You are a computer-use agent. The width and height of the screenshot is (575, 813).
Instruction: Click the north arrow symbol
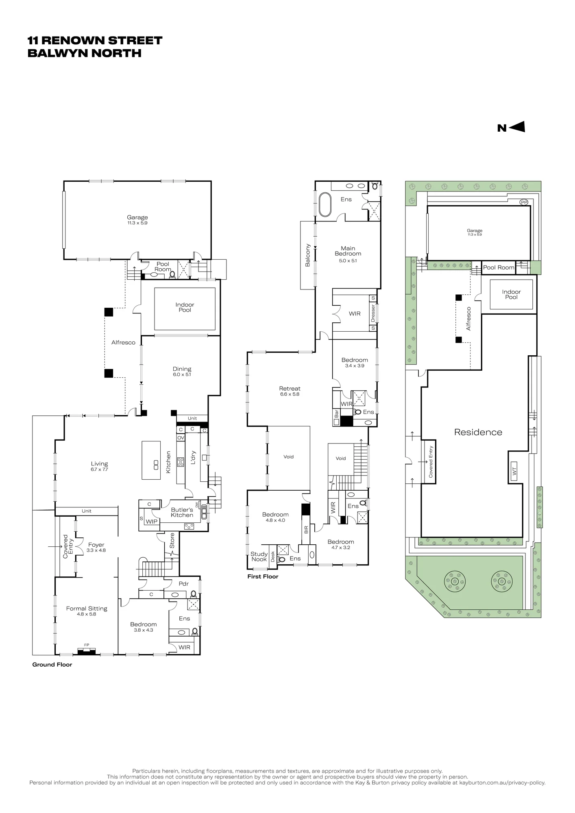tap(511, 127)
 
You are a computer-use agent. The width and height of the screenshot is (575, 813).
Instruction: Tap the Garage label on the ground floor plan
tap(137, 217)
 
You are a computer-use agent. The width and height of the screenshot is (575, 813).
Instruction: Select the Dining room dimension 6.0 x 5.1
tap(182, 375)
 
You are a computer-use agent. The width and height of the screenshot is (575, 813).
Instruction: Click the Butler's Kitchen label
tap(182, 512)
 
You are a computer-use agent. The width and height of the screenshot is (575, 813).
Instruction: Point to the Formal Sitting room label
tap(87, 609)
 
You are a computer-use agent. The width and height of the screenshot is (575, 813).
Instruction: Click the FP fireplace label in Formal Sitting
tap(87, 645)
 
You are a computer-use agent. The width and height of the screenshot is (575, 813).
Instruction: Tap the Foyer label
tap(96, 545)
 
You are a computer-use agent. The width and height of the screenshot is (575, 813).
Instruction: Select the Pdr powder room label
tap(184, 584)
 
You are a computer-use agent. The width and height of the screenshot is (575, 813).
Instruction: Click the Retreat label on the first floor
tap(290, 389)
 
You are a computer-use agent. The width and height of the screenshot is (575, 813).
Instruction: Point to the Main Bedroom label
tap(348, 251)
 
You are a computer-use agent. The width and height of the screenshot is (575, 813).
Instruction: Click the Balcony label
tap(308, 255)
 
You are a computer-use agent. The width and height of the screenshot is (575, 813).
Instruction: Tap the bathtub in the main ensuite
tap(325, 205)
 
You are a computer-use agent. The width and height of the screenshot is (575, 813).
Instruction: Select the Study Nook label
tap(259, 556)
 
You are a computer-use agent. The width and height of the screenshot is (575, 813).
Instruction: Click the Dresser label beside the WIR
tap(373, 313)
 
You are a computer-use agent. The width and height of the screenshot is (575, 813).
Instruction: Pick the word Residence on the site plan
tap(478, 432)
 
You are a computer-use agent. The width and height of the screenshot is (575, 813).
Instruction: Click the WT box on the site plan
tap(514, 471)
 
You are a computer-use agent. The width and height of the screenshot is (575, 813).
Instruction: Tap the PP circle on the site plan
tap(524, 202)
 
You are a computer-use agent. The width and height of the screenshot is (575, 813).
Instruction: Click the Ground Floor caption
tap(52, 665)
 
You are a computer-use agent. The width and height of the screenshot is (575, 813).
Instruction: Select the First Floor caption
tap(263, 576)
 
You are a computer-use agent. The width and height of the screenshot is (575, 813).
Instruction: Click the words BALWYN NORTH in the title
tap(85, 53)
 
